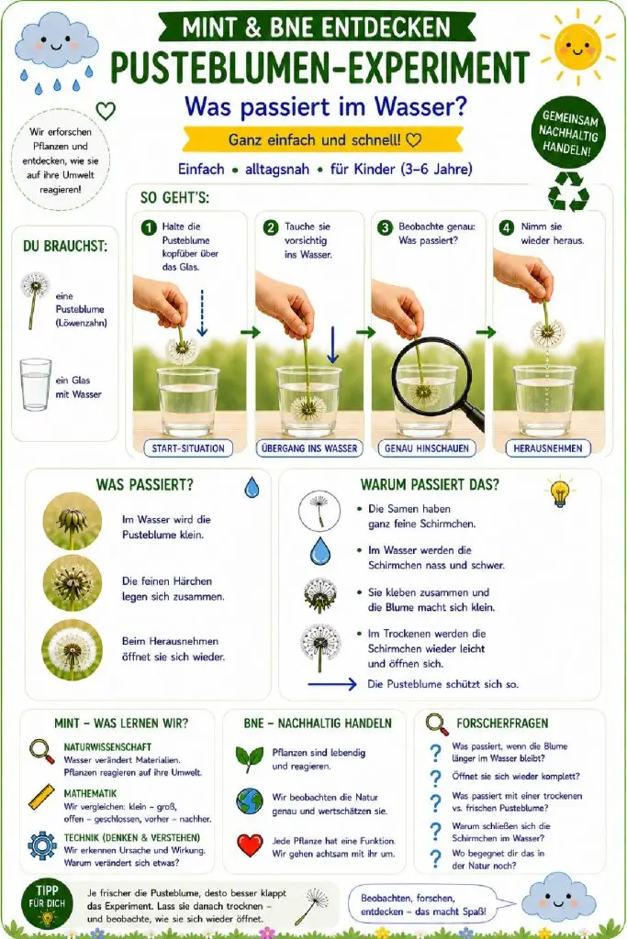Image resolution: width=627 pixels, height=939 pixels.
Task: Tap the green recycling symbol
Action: click(x=568, y=192)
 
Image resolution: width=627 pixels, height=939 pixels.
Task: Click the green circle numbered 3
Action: click(x=385, y=227)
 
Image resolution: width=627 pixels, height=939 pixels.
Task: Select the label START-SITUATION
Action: click(x=187, y=447)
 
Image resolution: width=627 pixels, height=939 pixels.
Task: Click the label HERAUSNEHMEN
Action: click(x=548, y=447)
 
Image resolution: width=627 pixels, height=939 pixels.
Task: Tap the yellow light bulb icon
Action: click(x=559, y=492)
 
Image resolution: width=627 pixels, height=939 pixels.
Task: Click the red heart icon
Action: click(x=250, y=845)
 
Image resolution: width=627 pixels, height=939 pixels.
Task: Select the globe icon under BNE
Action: click(x=250, y=801)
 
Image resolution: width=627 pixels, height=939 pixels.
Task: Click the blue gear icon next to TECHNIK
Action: click(x=42, y=845)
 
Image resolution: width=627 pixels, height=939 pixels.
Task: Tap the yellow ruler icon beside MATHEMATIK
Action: click(x=42, y=799)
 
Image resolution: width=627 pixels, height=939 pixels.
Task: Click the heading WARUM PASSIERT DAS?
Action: click(x=430, y=484)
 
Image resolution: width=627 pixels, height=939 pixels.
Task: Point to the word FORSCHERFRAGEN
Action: click(x=502, y=723)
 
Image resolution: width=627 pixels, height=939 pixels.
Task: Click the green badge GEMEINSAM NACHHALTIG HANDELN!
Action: click(x=566, y=133)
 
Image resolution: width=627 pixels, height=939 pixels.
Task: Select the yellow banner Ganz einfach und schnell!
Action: click(x=323, y=140)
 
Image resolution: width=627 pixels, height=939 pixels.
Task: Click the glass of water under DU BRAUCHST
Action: click(x=36, y=384)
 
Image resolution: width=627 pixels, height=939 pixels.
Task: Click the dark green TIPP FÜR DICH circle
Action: click(x=47, y=902)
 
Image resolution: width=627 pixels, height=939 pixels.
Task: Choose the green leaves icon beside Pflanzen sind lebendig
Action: click(x=250, y=758)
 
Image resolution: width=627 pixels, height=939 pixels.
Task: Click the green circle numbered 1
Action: click(x=148, y=227)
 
